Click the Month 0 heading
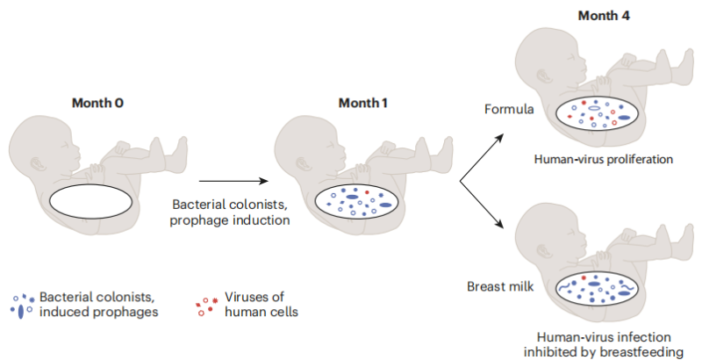coord(97,103)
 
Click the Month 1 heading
coord(362,103)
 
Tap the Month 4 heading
coord(604,16)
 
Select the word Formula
coord(509,109)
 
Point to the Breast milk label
coord(500,286)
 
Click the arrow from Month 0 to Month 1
coord(233,181)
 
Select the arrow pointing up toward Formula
coord(481,158)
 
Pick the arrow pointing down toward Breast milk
coord(481,205)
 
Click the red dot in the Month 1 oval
coord(367,192)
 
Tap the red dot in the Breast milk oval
coord(584,278)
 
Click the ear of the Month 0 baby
coord(38,163)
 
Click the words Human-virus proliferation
coord(604,160)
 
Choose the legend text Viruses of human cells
coord(261,304)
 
